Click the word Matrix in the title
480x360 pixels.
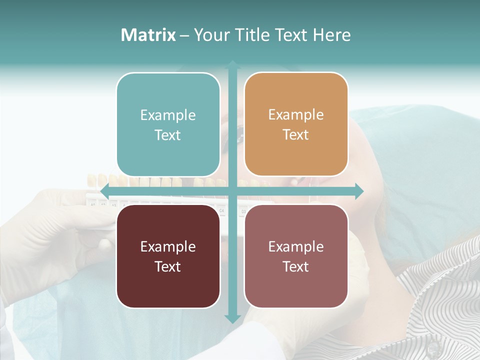coord(148,35)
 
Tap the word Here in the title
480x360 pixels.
coord(331,35)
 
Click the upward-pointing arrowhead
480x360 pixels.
coord(232,64)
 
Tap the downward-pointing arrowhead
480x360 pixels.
coord(232,318)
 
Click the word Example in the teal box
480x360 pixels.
coord(168,115)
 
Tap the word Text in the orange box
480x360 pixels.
coord(296,135)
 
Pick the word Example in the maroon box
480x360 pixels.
coord(168,246)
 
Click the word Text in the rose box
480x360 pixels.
coord(296,266)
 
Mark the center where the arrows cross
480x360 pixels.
coord(232,191)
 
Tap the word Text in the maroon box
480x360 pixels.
coord(168,266)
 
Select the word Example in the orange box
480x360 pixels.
coord(296,115)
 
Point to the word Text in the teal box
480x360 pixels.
coord(168,135)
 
